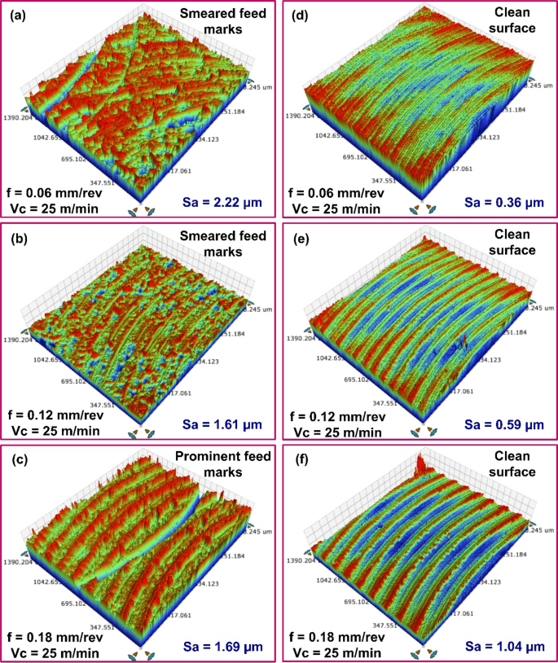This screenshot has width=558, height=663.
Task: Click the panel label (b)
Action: tap(16, 238)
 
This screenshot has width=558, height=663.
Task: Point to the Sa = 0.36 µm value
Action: tap(501, 200)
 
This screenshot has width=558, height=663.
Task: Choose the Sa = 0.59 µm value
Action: tap(501, 422)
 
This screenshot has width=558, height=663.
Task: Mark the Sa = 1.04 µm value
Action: tap(501, 644)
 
